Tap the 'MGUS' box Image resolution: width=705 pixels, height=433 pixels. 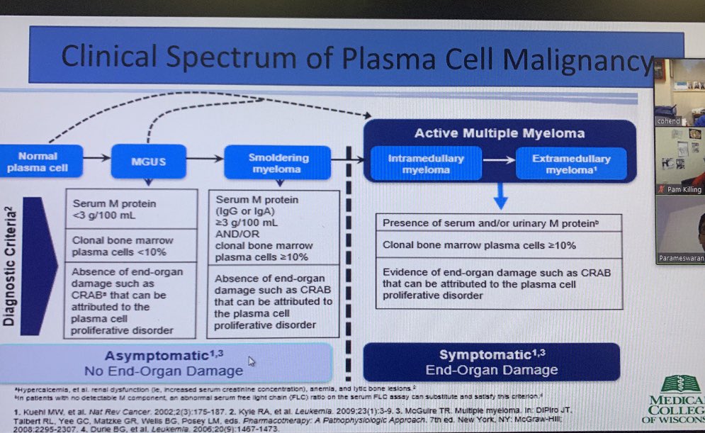148,162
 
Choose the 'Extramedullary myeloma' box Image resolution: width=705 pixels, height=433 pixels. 571,164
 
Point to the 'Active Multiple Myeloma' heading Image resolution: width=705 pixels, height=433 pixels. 500,133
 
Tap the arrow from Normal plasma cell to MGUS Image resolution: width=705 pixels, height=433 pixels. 96,154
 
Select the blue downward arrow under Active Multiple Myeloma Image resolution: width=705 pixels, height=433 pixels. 500,196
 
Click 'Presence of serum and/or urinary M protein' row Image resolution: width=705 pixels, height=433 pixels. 499,223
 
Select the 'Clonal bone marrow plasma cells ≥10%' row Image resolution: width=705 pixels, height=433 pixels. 499,245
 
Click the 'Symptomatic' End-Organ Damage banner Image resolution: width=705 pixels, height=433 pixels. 492,362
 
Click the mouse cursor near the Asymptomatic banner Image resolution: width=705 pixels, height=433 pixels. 251,361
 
